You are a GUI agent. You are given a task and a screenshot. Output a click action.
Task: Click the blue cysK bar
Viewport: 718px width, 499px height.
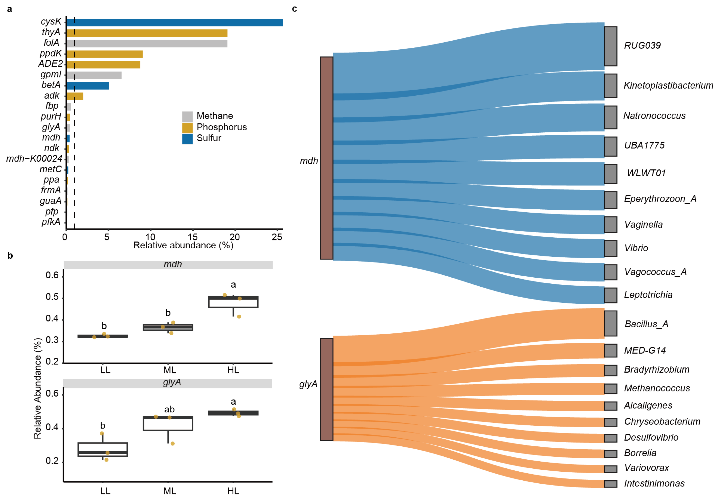point(175,22)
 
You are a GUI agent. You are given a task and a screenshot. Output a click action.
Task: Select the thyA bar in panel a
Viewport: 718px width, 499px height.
point(147,33)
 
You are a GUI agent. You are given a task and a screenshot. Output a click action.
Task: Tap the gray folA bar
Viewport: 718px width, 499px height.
point(147,43)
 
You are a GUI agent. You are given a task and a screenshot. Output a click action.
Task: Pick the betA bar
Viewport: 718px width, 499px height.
point(88,86)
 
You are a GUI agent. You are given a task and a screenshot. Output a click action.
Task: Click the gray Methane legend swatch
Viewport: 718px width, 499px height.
point(187,116)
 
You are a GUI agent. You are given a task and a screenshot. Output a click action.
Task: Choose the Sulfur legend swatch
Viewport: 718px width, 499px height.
point(187,139)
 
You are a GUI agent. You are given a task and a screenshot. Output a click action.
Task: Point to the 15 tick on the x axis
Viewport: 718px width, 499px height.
point(193,237)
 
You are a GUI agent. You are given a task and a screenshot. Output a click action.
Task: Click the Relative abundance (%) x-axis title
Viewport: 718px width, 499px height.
point(183,245)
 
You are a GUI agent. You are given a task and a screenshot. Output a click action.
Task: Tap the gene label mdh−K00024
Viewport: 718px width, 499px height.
point(34,159)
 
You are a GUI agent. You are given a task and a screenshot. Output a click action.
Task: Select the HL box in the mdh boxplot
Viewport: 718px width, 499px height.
point(233,302)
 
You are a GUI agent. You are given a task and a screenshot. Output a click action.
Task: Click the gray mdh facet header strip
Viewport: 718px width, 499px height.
point(168,265)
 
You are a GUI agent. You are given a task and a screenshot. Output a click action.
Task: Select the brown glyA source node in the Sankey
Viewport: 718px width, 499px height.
point(326,389)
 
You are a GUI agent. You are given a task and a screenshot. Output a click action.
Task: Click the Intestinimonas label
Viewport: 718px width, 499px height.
point(654,483)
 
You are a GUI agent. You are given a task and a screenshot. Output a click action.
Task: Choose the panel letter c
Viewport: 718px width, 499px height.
point(294,9)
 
